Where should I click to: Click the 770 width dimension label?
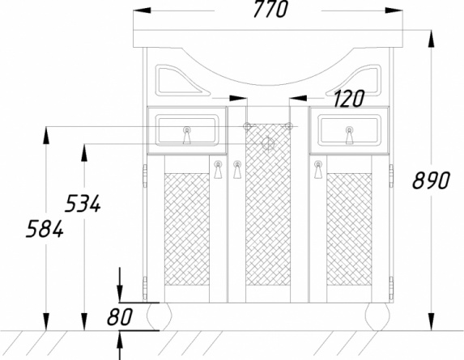(270, 9)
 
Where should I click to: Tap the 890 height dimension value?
(431, 180)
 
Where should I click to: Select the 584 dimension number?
(45, 229)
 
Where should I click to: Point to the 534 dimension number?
(83, 203)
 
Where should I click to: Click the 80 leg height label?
(120, 316)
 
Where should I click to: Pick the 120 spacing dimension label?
(348, 99)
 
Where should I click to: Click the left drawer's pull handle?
(187, 135)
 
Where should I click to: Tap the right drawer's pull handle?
(350, 135)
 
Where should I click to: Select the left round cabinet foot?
(160, 316)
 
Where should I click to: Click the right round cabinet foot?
(377, 316)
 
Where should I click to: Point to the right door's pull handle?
(318, 170)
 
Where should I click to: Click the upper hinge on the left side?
(145, 176)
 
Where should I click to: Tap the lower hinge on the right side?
(391, 288)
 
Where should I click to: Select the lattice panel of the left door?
(187, 230)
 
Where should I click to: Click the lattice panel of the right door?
(349, 230)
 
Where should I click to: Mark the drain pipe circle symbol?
(268, 144)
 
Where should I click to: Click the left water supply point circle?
(247, 126)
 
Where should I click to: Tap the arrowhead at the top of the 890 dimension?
(432, 39)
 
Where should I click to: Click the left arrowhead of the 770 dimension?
(142, 11)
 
